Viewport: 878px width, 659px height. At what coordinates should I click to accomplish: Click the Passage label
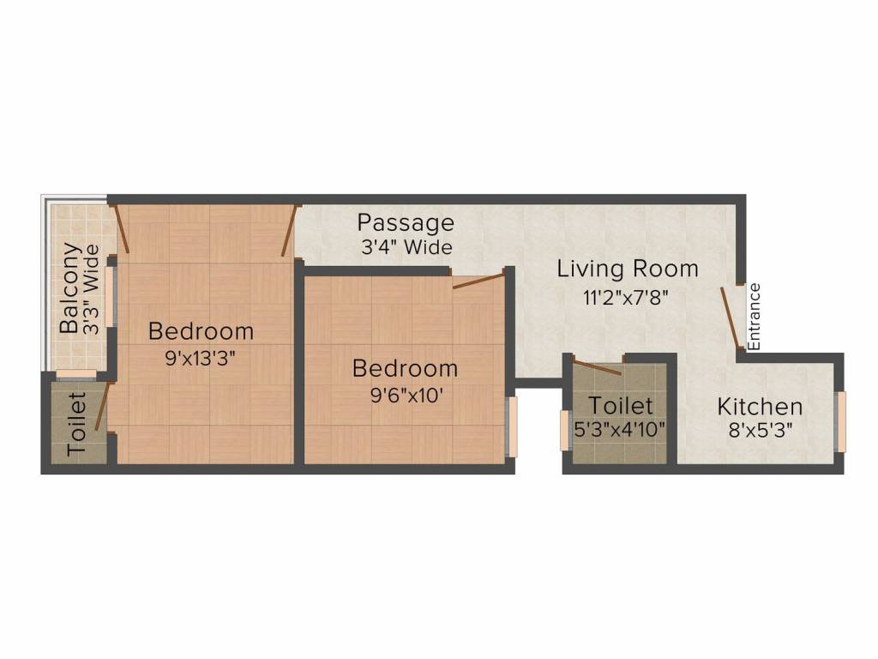(406, 223)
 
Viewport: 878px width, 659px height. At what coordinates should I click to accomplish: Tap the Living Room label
(628, 269)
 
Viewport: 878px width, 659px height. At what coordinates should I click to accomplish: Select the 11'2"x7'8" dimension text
(625, 298)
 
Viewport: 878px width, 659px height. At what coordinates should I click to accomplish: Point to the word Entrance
(755, 316)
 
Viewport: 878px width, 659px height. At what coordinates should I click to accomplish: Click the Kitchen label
(760, 406)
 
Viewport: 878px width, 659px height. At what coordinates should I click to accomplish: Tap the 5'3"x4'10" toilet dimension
(621, 429)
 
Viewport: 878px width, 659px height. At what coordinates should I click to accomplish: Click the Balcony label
(70, 288)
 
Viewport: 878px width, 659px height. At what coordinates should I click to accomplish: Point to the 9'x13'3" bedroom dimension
(201, 358)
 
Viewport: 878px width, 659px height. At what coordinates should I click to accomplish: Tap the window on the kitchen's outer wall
(840, 420)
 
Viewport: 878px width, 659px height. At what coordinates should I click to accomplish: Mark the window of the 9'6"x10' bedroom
(512, 426)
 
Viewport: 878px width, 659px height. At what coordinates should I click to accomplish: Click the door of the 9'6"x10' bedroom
(478, 281)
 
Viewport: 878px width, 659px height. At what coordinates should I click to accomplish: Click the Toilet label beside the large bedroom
(77, 424)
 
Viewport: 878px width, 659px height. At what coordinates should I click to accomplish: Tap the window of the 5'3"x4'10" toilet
(564, 429)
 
